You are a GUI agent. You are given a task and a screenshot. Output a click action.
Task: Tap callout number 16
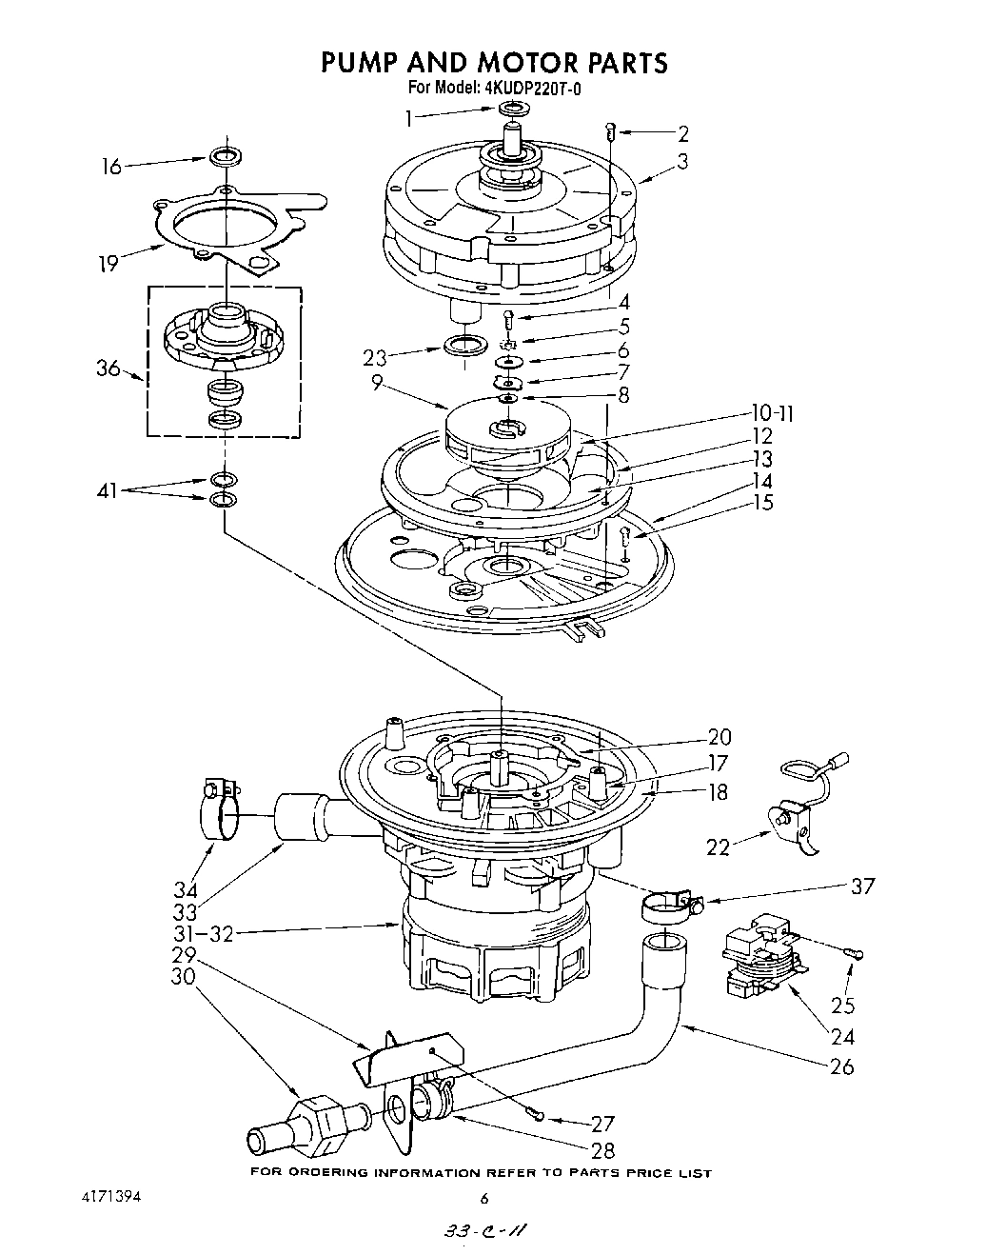pos(112,167)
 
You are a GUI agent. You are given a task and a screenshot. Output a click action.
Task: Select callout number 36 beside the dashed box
pos(108,369)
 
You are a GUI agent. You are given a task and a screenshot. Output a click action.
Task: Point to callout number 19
pos(108,263)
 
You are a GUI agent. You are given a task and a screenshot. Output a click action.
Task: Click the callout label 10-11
pos(771,413)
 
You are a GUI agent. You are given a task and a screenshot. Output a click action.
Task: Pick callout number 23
pos(375,359)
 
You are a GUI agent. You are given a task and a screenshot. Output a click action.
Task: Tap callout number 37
pos(860,886)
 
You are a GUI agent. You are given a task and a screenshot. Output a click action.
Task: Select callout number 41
pos(108,490)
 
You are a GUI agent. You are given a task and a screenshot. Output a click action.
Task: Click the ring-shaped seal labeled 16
pos(223,155)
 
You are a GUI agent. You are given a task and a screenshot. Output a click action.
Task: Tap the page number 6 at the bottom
pos(483,1198)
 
